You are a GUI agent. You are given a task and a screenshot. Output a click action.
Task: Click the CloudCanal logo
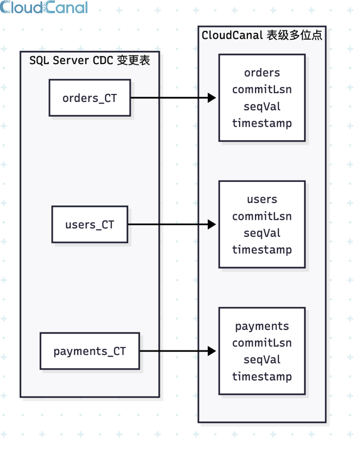coord(44,7)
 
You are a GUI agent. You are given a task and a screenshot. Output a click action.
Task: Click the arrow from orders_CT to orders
coord(173,98)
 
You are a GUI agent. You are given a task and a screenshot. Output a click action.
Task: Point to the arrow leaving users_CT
coord(172,224)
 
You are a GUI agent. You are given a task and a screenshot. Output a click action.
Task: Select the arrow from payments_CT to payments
coord(178,351)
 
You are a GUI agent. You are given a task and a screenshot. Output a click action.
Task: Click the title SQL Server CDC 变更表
coord(90,61)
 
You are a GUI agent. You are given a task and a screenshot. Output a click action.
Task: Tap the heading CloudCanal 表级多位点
coord(262,35)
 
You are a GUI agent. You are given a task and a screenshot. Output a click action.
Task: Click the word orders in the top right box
coord(262,73)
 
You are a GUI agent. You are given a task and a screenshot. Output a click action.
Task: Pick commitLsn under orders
coord(262,90)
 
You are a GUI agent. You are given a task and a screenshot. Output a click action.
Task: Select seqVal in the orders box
coord(262,106)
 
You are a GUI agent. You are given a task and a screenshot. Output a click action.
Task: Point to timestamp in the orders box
coord(262,123)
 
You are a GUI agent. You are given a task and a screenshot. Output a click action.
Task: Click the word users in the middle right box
coord(262,199)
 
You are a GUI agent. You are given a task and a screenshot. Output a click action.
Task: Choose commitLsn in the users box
coord(262,216)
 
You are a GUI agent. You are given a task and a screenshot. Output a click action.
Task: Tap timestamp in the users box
coord(262,250)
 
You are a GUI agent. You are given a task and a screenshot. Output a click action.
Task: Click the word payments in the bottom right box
coord(262,326)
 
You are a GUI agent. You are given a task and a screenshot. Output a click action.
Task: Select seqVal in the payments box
coord(262,359)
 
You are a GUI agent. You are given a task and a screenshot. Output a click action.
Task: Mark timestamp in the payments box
coord(262,377)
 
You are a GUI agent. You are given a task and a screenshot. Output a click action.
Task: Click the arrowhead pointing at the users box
coord(212,224)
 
